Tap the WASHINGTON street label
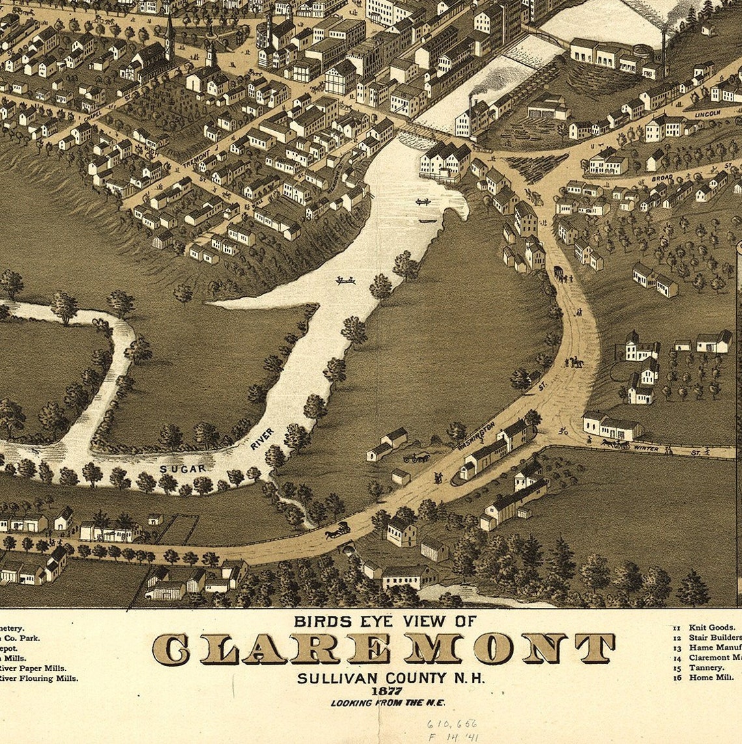click(x=476, y=437)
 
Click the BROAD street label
click(x=662, y=176)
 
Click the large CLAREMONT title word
click(x=384, y=648)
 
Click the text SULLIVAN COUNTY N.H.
click(x=391, y=678)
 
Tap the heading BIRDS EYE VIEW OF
click(x=385, y=621)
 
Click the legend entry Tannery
click(x=706, y=667)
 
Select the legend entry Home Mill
click(x=710, y=677)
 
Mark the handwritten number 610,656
click(x=452, y=723)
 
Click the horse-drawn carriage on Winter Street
click(x=614, y=444)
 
